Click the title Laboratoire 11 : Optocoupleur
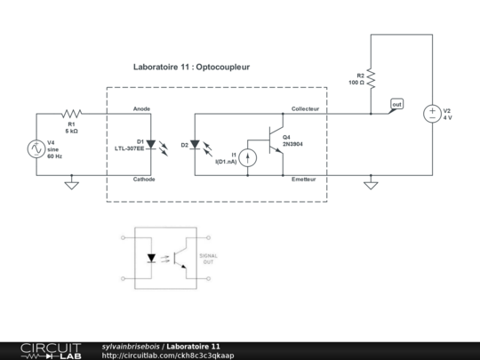pos(192,67)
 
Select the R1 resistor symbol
pos(72,114)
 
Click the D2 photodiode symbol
pos(196,144)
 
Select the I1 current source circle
pos(250,157)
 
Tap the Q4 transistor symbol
pos(272,140)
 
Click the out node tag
pos(396,105)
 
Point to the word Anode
pos(141,108)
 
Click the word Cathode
pos(144,180)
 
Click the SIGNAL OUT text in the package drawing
pos(207,259)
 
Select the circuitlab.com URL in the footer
pos(168,356)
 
